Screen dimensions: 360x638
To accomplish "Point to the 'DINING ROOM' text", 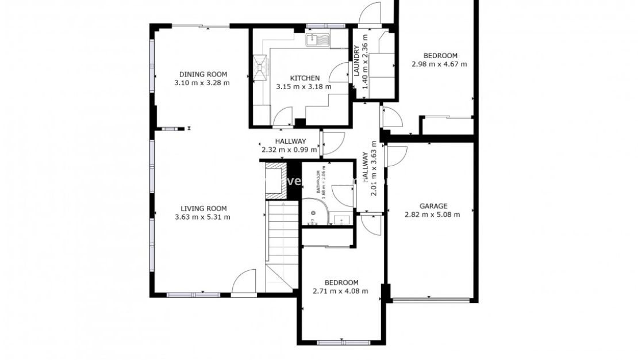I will coord(203,74).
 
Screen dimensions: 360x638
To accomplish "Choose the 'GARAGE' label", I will coord(433,206).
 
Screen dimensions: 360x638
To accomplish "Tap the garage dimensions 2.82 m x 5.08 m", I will coord(432,215).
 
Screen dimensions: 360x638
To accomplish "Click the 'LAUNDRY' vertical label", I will coord(356,61).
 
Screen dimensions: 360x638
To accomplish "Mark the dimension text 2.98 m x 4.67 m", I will coord(439,64).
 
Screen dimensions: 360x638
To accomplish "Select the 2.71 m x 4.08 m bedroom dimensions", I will coord(340,291).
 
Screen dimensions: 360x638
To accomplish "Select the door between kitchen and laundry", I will coord(343,73).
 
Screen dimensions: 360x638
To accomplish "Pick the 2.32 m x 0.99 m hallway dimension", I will coord(290,150).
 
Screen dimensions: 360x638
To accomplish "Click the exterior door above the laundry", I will coord(369,14).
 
